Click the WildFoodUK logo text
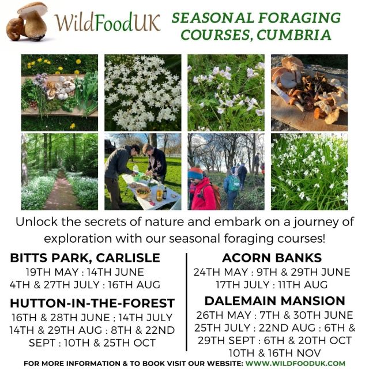point(108,23)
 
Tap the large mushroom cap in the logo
point(32,9)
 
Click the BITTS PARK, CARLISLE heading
point(85,258)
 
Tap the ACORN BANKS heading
point(272,258)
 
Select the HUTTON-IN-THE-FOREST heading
point(92,303)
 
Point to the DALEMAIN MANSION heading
point(274,301)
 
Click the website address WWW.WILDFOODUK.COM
point(295,363)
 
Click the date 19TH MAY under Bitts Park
point(52,272)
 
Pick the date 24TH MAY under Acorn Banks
point(221,272)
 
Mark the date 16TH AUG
point(134,285)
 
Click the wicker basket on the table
point(143,192)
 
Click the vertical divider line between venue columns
point(187,302)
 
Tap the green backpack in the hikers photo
point(234,184)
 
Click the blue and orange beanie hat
point(195,174)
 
